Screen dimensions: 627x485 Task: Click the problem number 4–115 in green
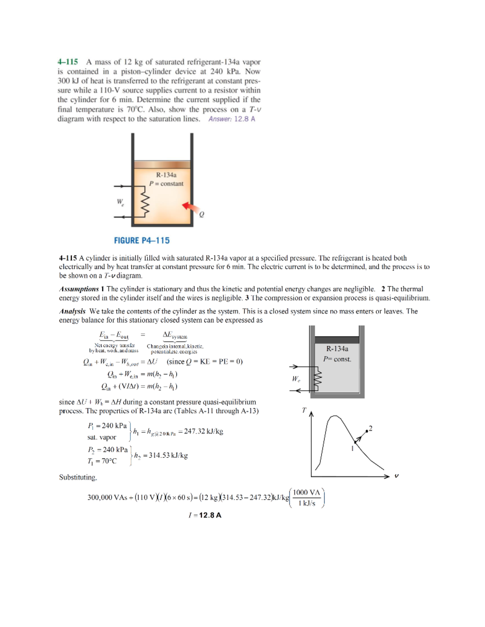tap(67, 62)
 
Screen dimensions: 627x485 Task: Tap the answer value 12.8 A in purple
tap(245, 119)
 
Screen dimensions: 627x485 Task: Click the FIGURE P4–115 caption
tap(141, 241)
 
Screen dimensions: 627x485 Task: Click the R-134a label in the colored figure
tap(166, 175)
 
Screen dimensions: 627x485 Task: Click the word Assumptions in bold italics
tap(79, 289)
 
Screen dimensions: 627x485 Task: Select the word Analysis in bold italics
tap(72, 311)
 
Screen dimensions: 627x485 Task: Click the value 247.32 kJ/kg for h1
tap(203, 431)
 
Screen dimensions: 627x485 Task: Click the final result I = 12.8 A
tap(205, 515)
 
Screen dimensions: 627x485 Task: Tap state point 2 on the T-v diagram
tap(367, 431)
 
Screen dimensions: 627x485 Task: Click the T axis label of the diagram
tap(304, 410)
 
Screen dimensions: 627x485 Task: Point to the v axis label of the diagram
tap(396, 476)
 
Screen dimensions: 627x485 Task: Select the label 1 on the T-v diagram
tap(352, 448)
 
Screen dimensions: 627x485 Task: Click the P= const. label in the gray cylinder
tap(337, 359)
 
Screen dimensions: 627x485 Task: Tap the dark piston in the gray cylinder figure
tap(337, 340)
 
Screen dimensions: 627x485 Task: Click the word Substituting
tap(78, 477)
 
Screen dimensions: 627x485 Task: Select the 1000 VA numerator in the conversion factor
tap(306, 492)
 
